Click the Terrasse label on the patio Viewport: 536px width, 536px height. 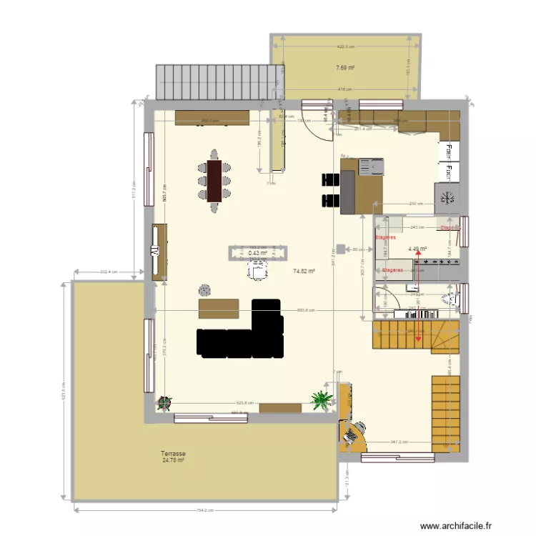coord(173,454)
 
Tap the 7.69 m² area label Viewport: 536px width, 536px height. coord(346,68)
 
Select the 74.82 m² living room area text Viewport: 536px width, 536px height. coord(304,271)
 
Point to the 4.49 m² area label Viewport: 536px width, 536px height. coord(417,249)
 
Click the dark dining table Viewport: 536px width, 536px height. coord(214,181)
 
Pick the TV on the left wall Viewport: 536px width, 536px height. coord(154,252)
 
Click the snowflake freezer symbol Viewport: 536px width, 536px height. coord(449,198)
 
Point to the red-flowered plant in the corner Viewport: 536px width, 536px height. coord(165,402)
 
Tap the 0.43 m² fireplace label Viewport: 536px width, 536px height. coord(257,252)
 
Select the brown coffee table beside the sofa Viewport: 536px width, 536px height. coord(219,307)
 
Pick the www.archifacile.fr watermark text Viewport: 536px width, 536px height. coord(456,525)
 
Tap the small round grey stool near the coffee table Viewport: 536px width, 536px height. coord(205,289)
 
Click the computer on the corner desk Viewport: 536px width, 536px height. coord(351,433)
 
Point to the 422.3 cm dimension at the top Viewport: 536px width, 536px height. coord(344,47)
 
